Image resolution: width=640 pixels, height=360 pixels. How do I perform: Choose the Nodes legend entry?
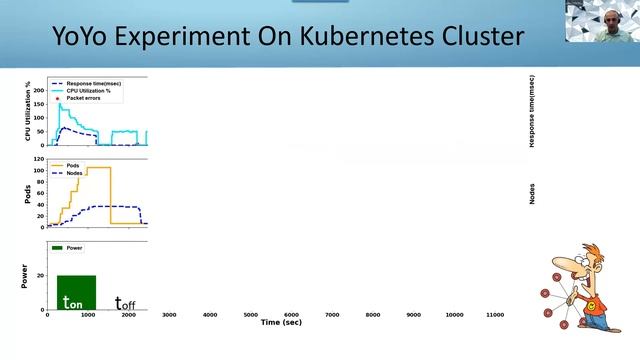[x=80, y=173]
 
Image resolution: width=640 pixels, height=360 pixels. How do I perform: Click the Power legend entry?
[x=79, y=246]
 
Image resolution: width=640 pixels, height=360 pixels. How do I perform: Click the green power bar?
[x=76, y=291]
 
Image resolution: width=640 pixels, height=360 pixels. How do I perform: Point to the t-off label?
[x=125, y=302]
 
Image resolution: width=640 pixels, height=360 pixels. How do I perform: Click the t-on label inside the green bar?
[x=73, y=302]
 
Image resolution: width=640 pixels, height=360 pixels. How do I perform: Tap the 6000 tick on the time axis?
[x=291, y=315]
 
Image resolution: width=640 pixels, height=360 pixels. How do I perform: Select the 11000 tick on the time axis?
[x=494, y=315]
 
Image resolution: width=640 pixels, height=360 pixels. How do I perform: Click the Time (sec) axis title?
[x=281, y=323]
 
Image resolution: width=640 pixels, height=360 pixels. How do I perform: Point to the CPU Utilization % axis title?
[x=27, y=111]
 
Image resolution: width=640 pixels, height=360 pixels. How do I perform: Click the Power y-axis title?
[x=24, y=274]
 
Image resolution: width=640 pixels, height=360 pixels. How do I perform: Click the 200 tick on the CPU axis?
[x=39, y=91]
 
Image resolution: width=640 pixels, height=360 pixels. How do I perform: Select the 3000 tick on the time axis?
[x=169, y=315]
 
